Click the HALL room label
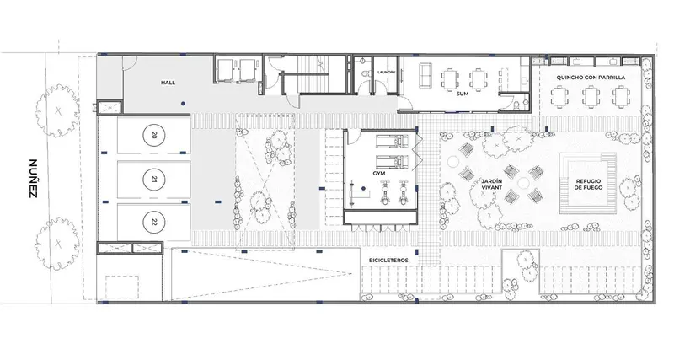[x=168, y=82]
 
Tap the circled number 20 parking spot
[x=154, y=135]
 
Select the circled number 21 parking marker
[x=154, y=180]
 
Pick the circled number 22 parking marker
[x=154, y=223]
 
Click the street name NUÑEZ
[x=33, y=179]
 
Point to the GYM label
[x=379, y=174]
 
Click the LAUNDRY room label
[x=386, y=73]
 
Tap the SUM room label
[x=463, y=94]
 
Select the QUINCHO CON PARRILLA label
[x=591, y=78]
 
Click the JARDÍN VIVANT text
[x=492, y=185]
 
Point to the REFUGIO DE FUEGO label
[x=588, y=185]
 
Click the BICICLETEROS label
[x=388, y=261]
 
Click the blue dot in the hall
[x=183, y=104]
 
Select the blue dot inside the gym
[x=363, y=188]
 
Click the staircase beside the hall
[x=322, y=75]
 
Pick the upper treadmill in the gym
[x=392, y=141]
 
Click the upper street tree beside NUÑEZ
[x=57, y=111]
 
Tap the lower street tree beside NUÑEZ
[x=57, y=244]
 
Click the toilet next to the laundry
[x=365, y=74]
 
